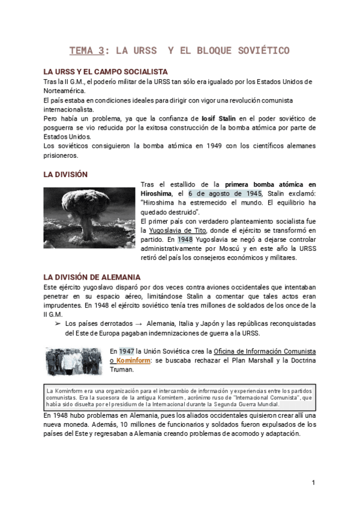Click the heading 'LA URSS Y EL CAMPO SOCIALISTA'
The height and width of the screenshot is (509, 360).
tap(106, 71)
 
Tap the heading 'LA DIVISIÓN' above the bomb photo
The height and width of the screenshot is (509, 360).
tap(65, 174)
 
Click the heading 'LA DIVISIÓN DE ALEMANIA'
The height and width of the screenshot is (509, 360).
tap(92, 277)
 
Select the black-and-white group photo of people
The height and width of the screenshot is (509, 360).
tap(75, 361)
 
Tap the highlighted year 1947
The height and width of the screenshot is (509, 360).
tap(127, 351)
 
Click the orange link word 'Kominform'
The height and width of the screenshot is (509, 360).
tap(135, 360)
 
